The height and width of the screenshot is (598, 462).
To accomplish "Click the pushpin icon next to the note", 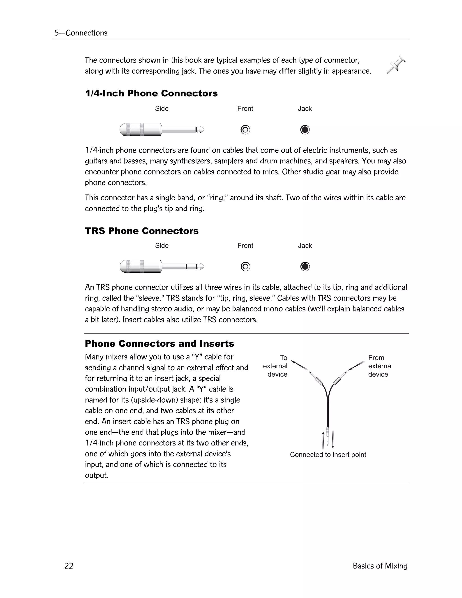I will (396, 64).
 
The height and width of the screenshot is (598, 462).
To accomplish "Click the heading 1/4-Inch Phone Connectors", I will (151, 93).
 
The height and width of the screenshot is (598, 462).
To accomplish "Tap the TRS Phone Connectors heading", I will (141, 231).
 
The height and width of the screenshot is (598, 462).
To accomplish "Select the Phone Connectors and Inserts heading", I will (159, 344).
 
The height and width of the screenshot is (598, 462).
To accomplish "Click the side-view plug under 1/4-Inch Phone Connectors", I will (162, 130).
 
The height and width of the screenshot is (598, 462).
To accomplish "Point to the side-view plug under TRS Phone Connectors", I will (162, 267).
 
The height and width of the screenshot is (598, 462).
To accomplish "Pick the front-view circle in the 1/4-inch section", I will (245, 130).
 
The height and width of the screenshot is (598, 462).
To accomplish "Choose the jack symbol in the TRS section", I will (305, 267).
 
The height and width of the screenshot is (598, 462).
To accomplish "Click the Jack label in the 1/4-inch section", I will (305, 109).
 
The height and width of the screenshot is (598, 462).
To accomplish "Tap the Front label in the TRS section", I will (245, 246).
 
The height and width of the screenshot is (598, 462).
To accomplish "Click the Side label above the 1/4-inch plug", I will (162, 109).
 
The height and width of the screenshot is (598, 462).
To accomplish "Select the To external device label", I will (275, 366).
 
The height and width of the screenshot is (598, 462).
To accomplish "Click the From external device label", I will (380, 366).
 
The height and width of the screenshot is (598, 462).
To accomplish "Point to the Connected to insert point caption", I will (328, 455).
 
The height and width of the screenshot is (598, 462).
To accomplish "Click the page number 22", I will (69, 566).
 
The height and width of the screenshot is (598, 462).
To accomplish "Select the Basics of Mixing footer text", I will (380, 566).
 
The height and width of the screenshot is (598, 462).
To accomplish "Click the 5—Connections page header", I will (81, 33).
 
